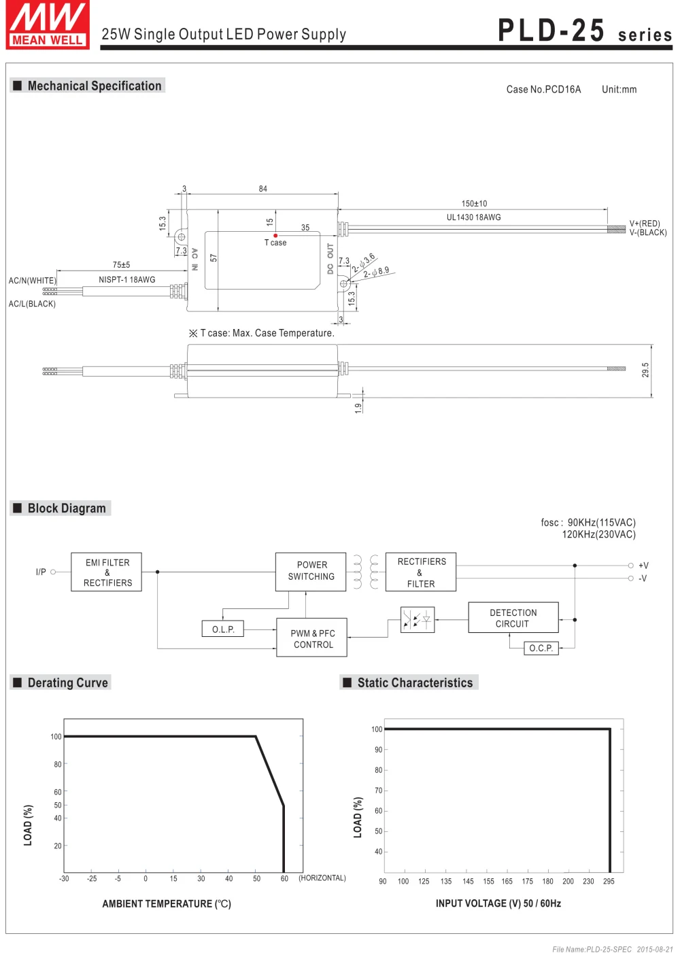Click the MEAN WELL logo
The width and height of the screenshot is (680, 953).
48,24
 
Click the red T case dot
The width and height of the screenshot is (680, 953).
275,235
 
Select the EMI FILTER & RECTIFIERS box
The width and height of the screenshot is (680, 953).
106,572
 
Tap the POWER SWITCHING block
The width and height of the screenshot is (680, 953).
311,572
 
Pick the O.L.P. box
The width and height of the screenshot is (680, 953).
223,629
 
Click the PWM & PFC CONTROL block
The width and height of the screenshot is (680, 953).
311,638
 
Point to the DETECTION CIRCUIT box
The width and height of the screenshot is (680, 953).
513,617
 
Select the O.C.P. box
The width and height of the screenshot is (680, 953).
541,648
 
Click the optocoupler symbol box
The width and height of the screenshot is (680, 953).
418,619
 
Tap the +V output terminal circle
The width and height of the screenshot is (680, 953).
630,566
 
